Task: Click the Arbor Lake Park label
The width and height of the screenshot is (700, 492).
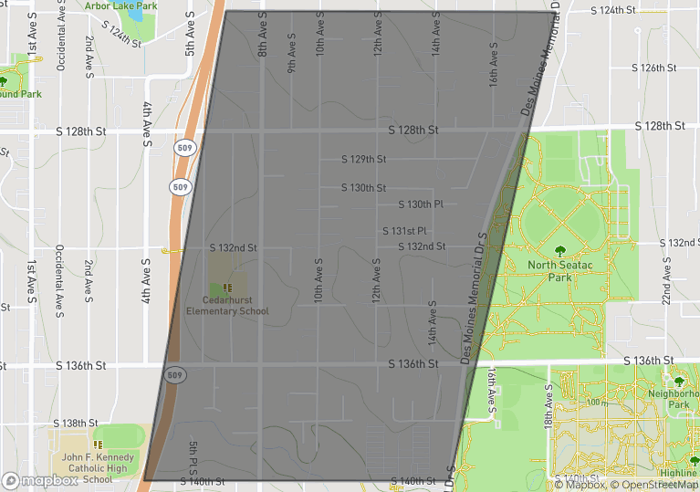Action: pos(120,5)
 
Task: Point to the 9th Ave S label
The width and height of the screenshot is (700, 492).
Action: pos(291,54)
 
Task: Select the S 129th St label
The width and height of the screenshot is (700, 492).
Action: pos(364,159)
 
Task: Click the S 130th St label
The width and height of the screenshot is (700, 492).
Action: pos(364,187)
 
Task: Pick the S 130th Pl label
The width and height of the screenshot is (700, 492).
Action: pos(421,204)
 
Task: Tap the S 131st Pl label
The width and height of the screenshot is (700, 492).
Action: pos(405,231)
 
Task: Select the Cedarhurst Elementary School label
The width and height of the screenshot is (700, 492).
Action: pos(227,305)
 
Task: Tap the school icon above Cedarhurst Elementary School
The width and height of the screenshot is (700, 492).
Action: pos(227,288)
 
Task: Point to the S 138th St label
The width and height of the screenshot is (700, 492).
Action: pos(75,424)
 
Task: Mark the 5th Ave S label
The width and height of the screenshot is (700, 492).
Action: pos(190,35)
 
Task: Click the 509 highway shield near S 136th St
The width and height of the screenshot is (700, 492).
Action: pos(174,374)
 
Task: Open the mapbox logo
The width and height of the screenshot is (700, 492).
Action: pos(40,480)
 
